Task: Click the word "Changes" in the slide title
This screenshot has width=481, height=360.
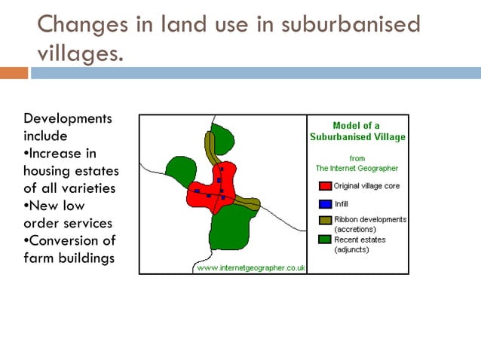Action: (79, 25)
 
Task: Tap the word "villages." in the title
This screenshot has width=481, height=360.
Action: (79, 55)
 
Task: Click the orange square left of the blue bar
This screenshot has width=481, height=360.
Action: (14, 73)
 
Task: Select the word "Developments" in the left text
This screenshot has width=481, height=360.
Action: (68, 119)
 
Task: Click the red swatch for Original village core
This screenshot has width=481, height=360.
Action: (325, 186)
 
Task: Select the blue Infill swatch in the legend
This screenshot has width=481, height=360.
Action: (325, 203)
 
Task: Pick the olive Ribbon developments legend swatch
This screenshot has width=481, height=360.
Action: (325, 220)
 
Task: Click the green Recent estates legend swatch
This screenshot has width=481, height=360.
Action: (325, 239)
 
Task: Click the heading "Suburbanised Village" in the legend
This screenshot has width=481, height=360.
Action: (357, 137)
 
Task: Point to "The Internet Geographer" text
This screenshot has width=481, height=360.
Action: (357, 169)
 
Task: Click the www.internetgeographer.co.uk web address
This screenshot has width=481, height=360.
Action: (250, 267)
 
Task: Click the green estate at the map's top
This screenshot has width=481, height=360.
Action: (224, 139)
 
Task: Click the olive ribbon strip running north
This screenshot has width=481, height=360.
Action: (211, 148)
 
